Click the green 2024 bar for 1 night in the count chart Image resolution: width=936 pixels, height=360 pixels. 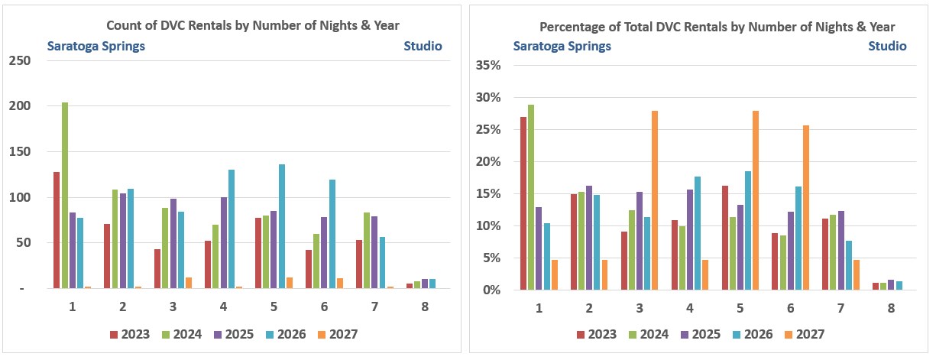(65, 195)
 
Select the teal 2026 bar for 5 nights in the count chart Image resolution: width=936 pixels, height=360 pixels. (282, 226)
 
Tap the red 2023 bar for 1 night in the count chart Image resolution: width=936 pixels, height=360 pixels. (57, 230)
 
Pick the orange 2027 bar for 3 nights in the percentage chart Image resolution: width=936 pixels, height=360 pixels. (655, 200)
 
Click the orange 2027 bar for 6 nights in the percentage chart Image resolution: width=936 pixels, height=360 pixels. (806, 207)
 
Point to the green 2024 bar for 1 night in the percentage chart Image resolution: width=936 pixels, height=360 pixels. (531, 197)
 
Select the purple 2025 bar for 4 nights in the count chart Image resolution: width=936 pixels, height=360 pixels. (224, 243)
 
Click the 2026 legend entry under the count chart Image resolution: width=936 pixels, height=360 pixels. (286, 335)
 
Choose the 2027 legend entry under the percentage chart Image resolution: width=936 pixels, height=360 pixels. (805, 335)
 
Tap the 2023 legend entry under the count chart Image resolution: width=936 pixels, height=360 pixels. (130, 335)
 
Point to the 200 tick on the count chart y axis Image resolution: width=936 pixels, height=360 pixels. (20, 105)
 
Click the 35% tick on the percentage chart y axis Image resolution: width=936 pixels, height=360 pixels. (488, 65)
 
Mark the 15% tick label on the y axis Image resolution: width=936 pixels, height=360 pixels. (488, 194)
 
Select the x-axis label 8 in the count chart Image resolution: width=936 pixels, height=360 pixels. (425, 307)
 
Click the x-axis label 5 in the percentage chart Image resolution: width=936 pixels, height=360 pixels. (740, 308)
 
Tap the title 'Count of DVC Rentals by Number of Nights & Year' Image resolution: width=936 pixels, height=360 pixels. (253, 25)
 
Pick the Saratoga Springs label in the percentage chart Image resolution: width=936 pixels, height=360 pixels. (562, 46)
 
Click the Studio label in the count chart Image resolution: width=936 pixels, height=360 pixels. (423, 46)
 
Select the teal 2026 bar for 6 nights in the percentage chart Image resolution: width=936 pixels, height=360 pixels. (798, 238)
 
